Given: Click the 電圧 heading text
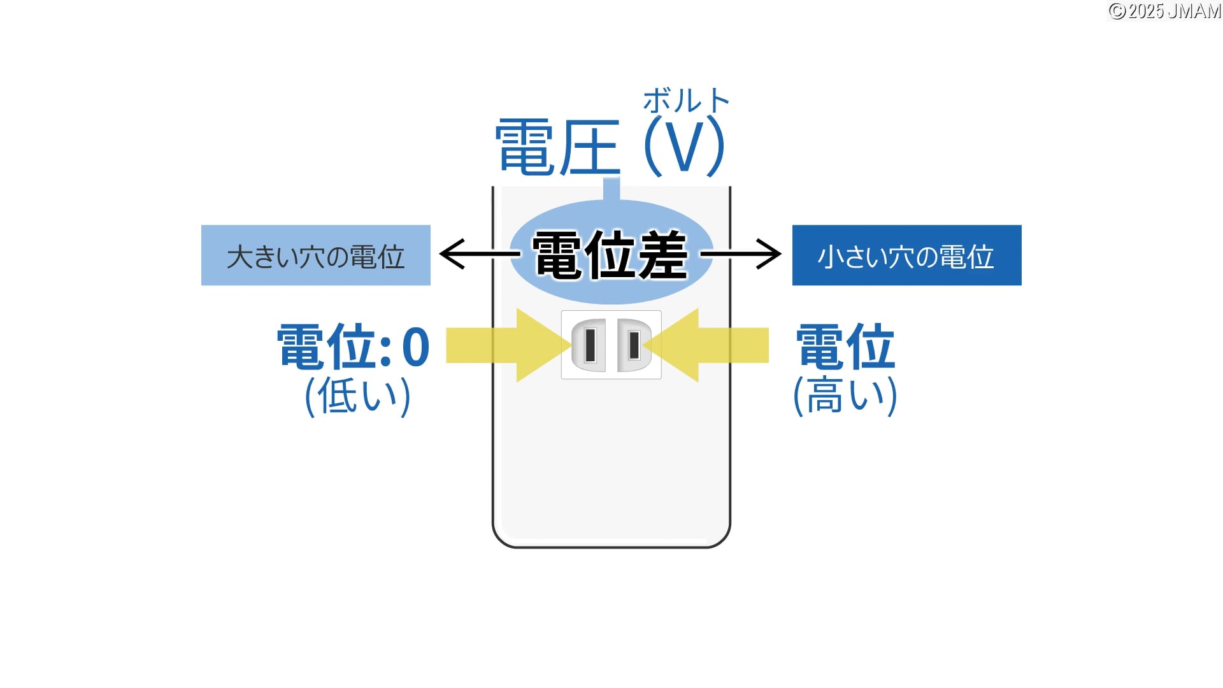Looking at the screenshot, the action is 557,147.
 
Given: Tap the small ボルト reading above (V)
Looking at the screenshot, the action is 685,101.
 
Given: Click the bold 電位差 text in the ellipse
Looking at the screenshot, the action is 610,255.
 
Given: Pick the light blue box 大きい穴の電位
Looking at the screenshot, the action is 316,255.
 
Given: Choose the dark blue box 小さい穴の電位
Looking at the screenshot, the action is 906,255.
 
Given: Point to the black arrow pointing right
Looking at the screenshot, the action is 741,254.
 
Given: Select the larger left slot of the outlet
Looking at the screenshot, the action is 590,345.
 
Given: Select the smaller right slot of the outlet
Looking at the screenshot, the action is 634,345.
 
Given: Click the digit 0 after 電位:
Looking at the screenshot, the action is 416,347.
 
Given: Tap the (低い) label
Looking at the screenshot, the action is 358,396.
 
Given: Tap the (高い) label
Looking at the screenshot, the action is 845,396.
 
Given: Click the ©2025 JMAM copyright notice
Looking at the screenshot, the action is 1164,11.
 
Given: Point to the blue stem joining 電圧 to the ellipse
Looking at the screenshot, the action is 611,189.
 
